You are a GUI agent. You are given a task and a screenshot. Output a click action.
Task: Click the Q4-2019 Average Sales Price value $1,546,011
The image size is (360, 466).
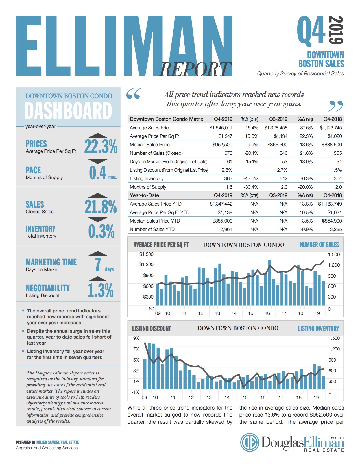click(221, 128)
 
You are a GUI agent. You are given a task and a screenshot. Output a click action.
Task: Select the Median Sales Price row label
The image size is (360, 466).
click(150, 145)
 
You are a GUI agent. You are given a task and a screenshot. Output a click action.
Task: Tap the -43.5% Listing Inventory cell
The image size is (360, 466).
click(250, 178)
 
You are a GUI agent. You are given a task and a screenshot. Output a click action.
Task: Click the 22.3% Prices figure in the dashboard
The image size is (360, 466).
click(101, 147)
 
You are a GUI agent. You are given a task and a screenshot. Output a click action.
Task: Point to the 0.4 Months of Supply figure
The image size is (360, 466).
click(98, 173)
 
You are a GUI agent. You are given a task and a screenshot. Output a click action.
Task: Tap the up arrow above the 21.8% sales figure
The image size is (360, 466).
click(98, 195)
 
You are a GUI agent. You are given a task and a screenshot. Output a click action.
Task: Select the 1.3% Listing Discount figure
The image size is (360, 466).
click(101, 290)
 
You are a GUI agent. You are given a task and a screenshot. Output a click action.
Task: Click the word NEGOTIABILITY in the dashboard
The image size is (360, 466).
click(48, 288)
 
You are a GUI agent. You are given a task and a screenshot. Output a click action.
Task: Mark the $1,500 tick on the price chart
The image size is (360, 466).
click(146, 254)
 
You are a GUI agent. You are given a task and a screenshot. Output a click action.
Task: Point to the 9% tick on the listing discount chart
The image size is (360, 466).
click(136, 338)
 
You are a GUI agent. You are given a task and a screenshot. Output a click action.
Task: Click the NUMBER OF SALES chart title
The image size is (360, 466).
click(319, 245)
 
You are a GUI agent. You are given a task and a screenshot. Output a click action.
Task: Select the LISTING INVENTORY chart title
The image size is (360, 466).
click(318, 328)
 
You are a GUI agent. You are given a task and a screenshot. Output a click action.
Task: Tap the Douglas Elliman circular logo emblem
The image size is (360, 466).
click(250, 442)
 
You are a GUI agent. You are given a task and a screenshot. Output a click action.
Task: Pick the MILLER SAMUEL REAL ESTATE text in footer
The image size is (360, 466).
click(58, 442)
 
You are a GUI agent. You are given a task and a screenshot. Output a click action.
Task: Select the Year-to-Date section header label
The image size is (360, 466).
click(144, 195)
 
